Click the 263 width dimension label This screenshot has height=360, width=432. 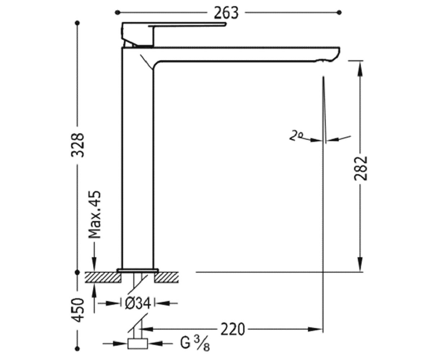[x=226, y=13]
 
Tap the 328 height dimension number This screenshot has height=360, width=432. [x=78, y=145]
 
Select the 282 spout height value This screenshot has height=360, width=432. [x=360, y=168]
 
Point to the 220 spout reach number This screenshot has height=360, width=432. [x=233, y=329]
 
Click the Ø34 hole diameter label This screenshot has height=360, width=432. [x=138, y=303]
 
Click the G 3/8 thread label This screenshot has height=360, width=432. [x=195, y=344]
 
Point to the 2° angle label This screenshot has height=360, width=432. [x=296, y=136]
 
